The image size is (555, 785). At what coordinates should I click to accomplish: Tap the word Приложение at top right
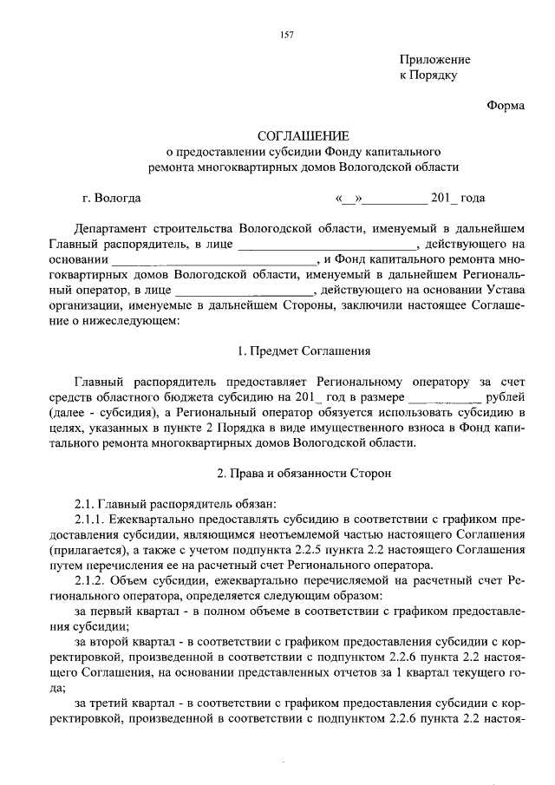[434, 60]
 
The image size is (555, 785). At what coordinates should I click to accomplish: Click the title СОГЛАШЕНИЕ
[304, 136]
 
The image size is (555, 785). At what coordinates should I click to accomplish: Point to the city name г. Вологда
[111, 197]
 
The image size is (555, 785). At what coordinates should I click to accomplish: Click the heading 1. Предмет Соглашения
[304, 351]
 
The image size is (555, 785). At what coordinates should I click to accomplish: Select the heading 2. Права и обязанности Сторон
[304, 474]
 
